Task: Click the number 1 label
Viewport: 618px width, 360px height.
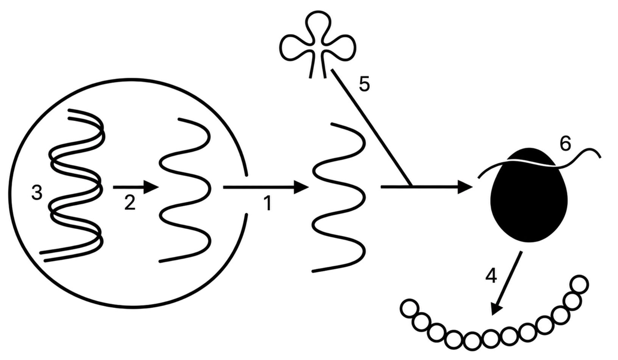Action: point(267,204)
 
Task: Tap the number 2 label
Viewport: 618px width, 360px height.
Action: point(130,202)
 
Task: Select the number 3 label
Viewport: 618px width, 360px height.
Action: point(37,193)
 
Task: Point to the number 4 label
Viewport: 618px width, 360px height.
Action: point(491,276)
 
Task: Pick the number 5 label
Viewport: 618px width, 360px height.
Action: point(364,84)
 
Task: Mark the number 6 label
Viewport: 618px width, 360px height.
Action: point(565,144)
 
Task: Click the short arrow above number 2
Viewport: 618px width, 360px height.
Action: point(136,187)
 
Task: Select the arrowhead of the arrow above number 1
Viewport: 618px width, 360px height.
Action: point(301,187)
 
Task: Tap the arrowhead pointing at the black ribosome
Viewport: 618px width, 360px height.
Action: point(465,187)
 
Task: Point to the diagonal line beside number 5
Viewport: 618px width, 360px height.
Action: point(372,127)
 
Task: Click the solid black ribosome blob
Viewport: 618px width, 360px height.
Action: point(529,195)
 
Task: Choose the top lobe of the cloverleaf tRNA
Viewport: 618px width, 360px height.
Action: point(318,25)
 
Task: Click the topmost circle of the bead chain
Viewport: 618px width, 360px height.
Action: point(580,285)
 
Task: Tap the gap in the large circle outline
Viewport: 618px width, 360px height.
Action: point(246,195)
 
